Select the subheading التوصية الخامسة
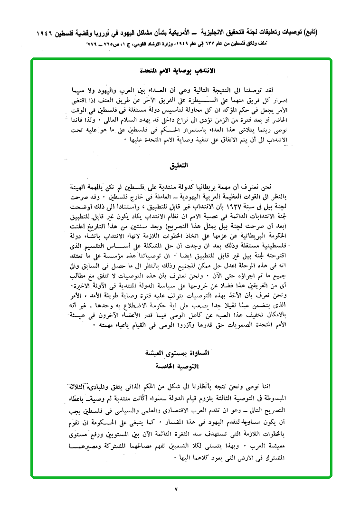180,367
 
